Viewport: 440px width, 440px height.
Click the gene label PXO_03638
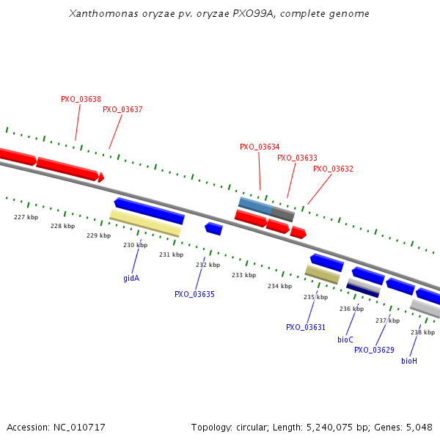pyautogui.click(x=81, y=99)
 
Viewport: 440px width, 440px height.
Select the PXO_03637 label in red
pyautogui.click(x=122, y=109)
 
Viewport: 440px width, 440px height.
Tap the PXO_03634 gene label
pyautogui.click(x=260, y=147)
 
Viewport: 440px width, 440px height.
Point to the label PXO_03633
pyautogui.click(x=297, y=158)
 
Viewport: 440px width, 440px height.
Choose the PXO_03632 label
pyautogui.click(x=333, y=169)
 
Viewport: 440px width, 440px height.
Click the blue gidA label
pyautogui.click(x=131, y=278)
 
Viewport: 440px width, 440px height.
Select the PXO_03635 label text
pyautogui.click(x=194, y=294)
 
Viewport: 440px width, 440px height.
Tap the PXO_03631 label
pyautogui.click(x=306, y=327)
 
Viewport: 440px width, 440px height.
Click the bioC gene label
pyautogui.click(x=345, y=340)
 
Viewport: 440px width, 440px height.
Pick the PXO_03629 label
pyautogui.click(x=374, y=350)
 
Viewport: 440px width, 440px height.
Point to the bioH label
pyautogui.click(x=409, y=361)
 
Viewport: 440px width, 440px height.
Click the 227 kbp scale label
pyautogui.click(x=26, y=217)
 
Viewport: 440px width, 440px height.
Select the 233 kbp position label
pyautogui.click(x=243, y=275)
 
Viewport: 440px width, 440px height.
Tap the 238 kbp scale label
pyautogui.click(x=422, y=332)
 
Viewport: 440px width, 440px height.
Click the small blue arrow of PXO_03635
pyautogui.click(x=213, y=229)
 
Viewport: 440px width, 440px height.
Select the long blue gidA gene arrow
pyautogui.click(x=149, y=210)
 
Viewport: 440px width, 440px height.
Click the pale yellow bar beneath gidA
pyautogui.click(x=145, y=223)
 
